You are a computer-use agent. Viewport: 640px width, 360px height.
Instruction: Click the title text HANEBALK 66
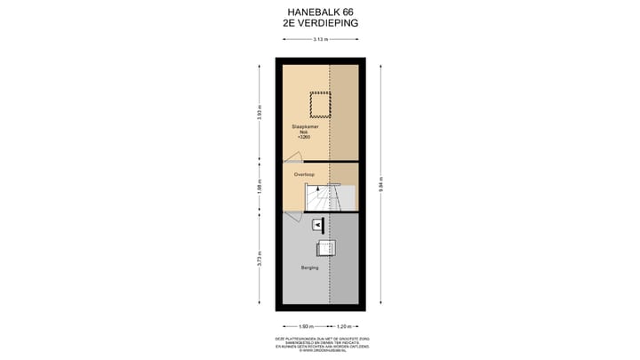(320, 12)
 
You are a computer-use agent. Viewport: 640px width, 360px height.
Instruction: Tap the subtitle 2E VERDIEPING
(320, 24)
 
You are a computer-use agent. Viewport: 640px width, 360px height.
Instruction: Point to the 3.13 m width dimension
(318, 41)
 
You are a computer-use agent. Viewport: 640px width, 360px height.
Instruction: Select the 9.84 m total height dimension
(380, 188)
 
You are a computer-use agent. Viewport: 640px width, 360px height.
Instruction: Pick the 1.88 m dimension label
(260, 188)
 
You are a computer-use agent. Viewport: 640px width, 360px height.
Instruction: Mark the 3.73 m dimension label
(260, 261)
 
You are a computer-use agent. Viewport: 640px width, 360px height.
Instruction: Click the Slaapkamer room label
(305, 127)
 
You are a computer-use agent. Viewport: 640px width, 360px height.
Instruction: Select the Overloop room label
(305, 174)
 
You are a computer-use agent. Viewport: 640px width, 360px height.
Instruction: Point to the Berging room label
(309, 268)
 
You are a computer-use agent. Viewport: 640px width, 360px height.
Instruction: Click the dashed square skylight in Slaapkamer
(319, 106)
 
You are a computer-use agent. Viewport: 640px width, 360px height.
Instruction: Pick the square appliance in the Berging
(325, 248)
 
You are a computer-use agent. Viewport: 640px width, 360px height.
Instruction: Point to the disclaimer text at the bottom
(319, 344)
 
